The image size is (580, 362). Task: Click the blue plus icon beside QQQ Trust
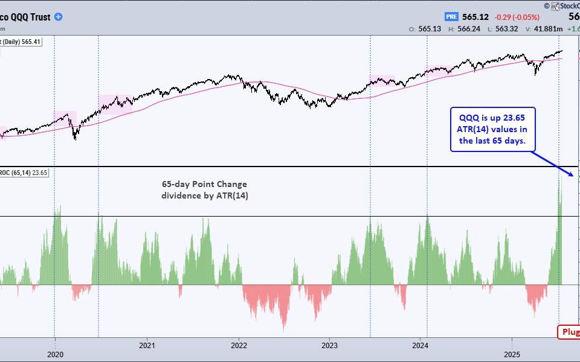(58, 17)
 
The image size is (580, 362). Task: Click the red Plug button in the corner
(569, 332)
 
